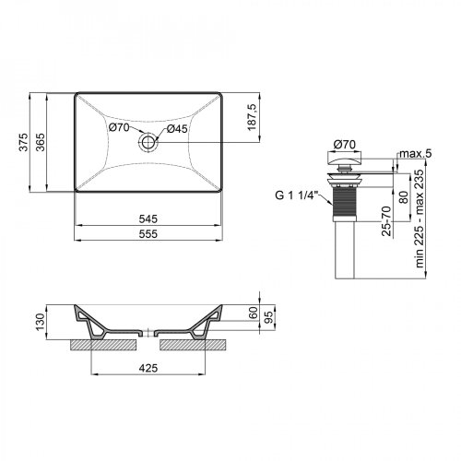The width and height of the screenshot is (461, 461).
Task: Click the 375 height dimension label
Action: [24, 142]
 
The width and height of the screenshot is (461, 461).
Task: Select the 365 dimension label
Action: [41, 142]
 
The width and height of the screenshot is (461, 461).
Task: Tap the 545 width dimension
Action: [148, 219]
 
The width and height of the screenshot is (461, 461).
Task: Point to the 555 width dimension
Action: [148, 234]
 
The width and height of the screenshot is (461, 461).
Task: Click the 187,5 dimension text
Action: [252, 117]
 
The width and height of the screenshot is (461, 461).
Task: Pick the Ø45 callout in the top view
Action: [177, 129]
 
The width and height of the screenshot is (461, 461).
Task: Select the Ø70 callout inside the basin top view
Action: [119, 127]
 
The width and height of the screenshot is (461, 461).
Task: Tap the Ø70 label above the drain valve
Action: [345, 144]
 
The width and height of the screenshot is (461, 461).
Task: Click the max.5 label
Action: [416, 153]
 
